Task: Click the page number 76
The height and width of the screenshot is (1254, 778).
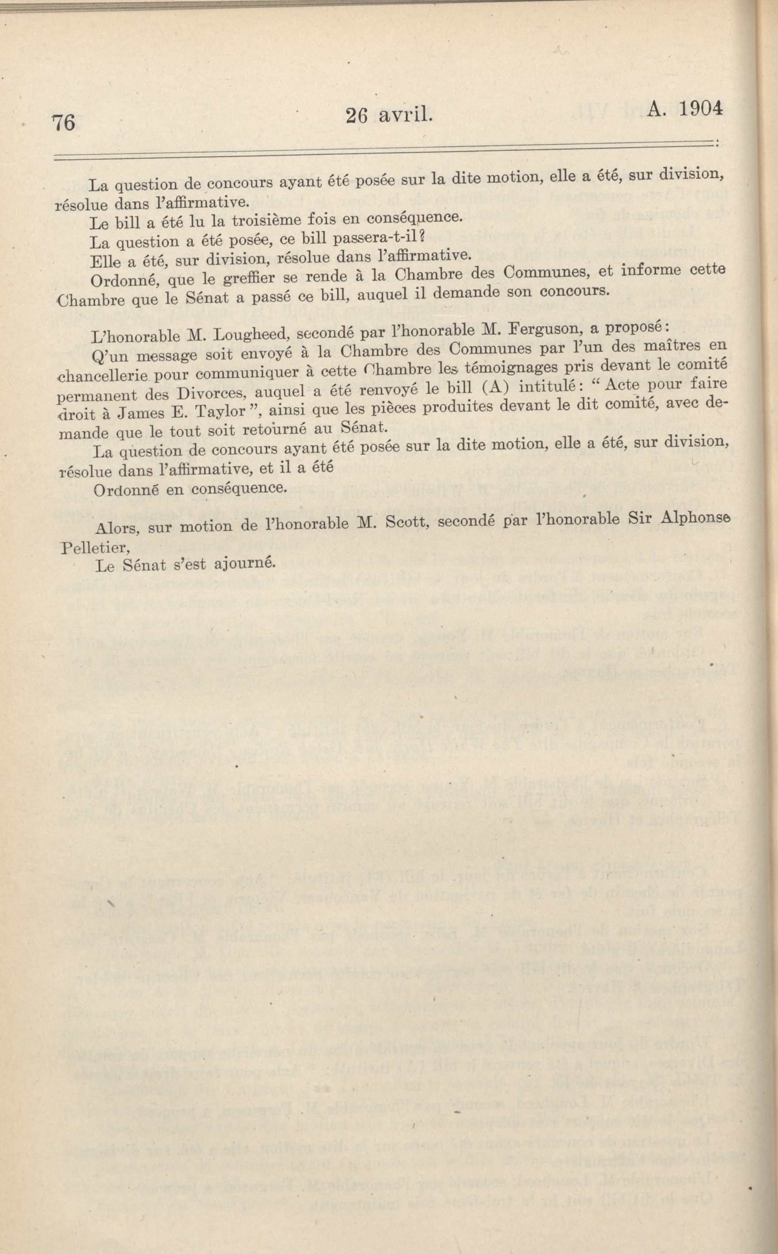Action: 63,123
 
